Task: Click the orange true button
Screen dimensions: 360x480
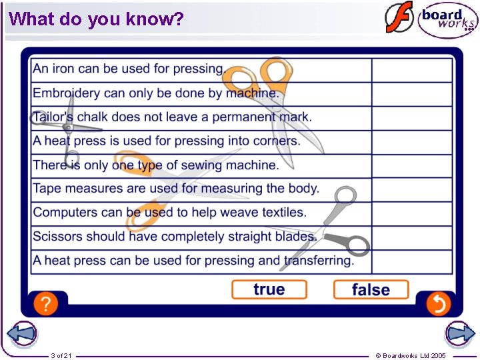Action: [x=269, y=289]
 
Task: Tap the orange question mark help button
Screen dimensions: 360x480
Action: [x=45, y=304]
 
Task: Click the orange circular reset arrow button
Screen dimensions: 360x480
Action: [x=438, y=304]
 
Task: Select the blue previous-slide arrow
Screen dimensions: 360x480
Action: [x=21, y=333]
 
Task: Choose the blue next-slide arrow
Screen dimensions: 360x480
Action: [x=459, y=333]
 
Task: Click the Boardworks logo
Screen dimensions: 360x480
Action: [x=447, y=21]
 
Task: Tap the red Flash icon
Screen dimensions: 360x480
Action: [x=399, y=17]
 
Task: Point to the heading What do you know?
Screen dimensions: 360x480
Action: [x=96, y=19]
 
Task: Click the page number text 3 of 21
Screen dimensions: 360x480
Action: [x=61, y=355]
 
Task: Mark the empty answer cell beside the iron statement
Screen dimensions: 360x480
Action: [x=411, y=70]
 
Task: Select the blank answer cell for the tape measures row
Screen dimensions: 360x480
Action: [x=411, y=189]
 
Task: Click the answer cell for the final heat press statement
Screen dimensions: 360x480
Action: [x=411, y=261]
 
